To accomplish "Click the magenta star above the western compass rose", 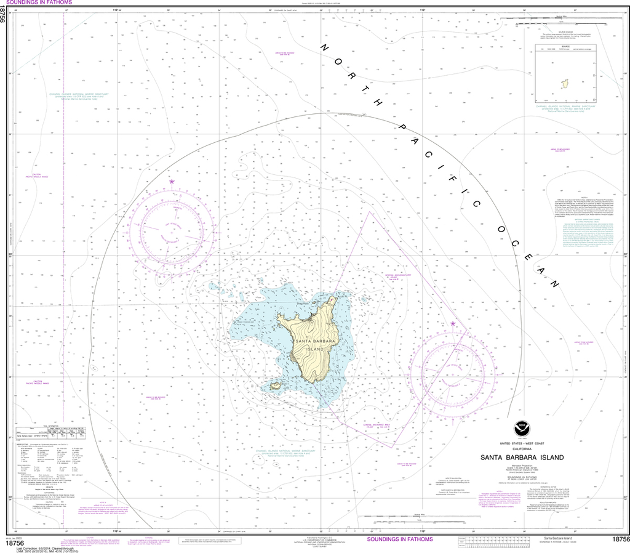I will click(172, 182).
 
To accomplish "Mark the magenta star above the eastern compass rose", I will click(453, 323).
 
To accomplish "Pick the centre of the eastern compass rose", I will click(453, 375).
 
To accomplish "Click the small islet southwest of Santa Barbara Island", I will click(275, 386).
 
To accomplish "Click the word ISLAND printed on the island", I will click(315, 349).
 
